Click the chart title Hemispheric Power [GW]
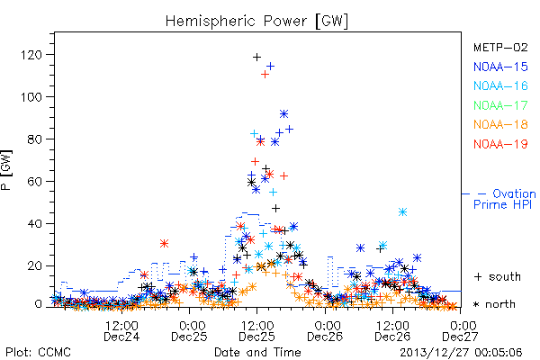coord(256,22)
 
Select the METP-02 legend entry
coord(500,48)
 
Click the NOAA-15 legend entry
coord(500,67)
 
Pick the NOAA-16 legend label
coord(500,85)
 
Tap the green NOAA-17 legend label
coord(500,105)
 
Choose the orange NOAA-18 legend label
coord(500,124)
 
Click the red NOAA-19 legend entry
coord(500,144)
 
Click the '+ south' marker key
coord(498,276)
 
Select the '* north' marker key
coord(494,304)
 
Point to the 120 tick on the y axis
coord(31,55)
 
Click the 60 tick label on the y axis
coord(34,182)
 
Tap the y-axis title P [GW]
coord(6,169)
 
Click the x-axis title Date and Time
coord(257,352)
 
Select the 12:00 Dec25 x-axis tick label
coord(256,331)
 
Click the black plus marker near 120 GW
coord(256,58)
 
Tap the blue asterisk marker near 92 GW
coord(283,114)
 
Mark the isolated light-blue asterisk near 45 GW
coord(402,211)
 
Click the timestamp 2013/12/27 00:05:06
coord(461,353)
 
